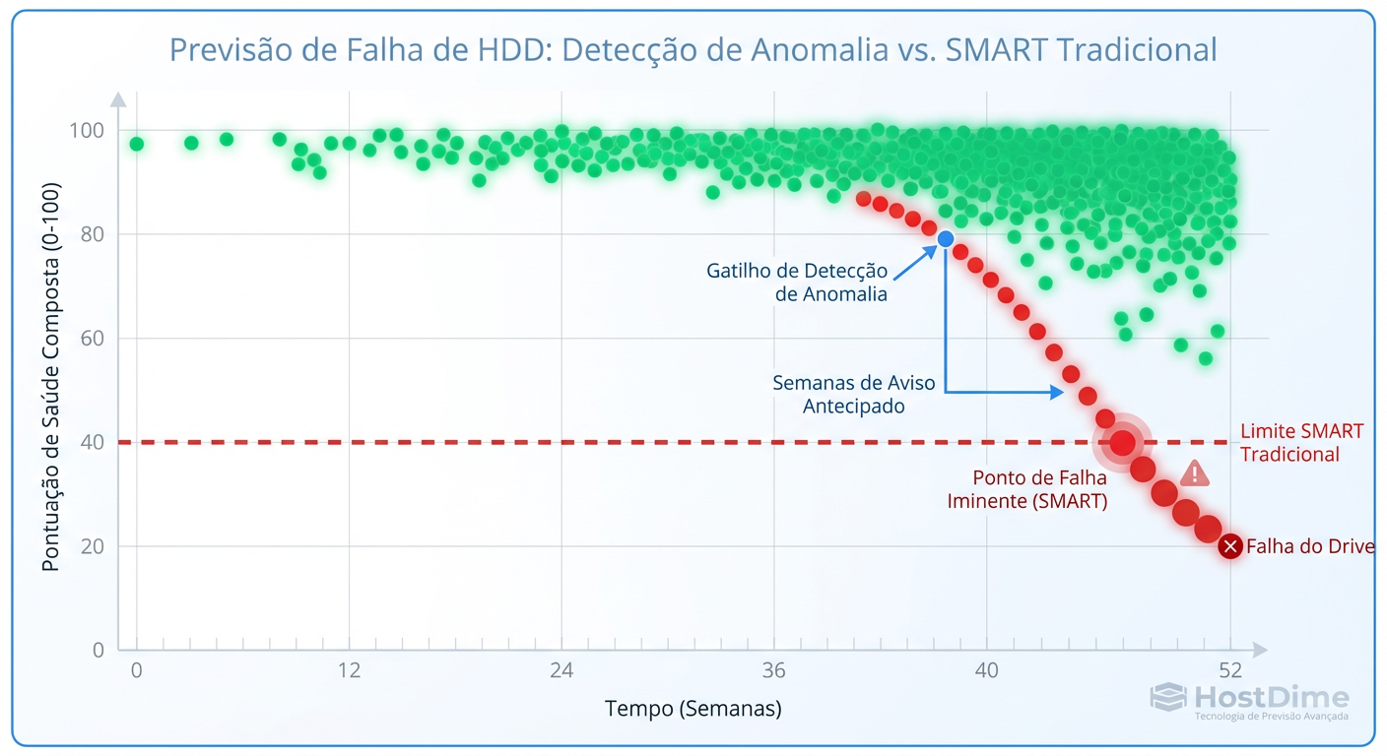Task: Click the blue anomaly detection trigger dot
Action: point(946,238)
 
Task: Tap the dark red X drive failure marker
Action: point(1229,546)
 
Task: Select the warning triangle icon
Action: point(1195,473)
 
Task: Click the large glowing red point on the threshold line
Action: point(1122,443)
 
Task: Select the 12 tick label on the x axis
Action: point(349,670)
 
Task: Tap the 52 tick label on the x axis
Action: point(1230,670)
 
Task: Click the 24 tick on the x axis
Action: point(561,670)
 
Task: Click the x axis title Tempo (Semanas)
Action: point(693,709)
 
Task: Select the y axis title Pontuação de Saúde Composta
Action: point(50,376)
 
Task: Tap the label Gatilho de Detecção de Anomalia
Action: point(796,283)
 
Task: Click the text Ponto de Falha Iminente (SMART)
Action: point(1026,489)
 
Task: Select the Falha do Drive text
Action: point(1310,546)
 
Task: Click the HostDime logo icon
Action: point(1168,698)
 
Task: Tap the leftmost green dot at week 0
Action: point(136,144)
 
